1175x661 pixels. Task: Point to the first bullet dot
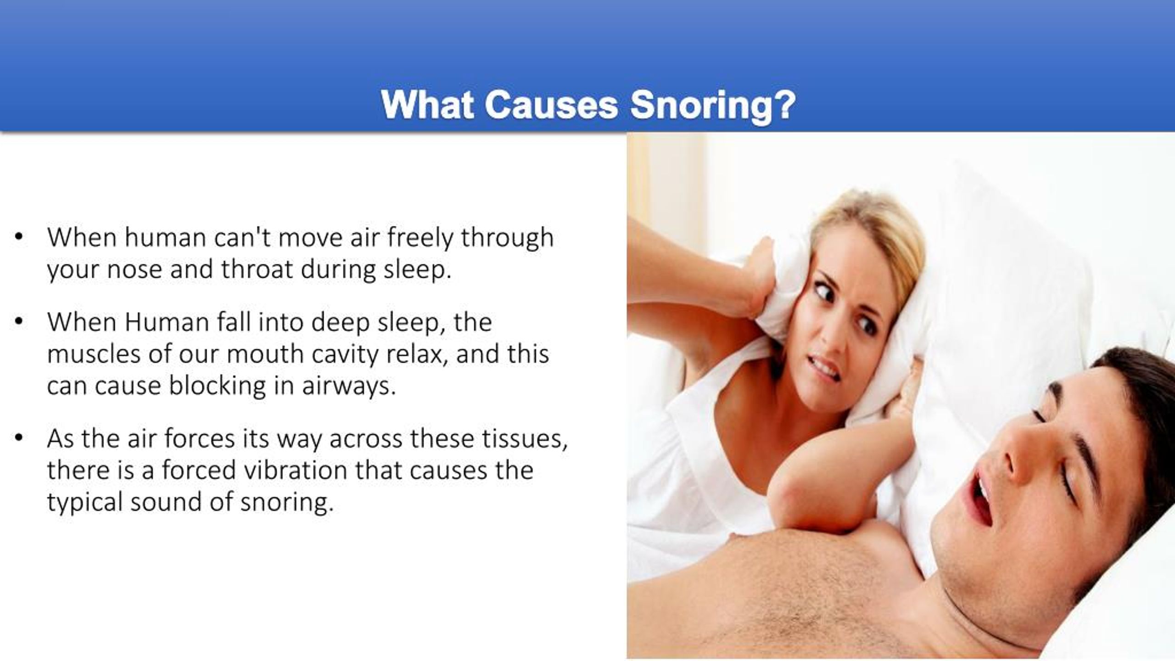tap(18, 237)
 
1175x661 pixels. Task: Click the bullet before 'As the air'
tap(18, 438)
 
